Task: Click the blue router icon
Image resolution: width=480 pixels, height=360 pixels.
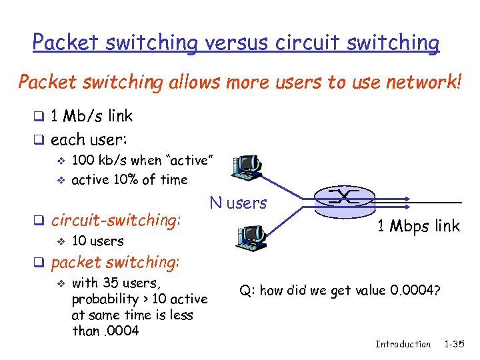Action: (x=346, y=198)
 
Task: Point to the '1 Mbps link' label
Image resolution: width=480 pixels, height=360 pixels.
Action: (x=418, y=226)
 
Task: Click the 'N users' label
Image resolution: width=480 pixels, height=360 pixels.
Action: (x=238, y=203)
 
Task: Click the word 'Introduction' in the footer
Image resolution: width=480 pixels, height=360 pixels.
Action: (x=403, y=344)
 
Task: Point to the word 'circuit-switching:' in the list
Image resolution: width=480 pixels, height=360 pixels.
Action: (x=116, y=219)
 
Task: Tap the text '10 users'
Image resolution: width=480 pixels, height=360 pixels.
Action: (x=97, y=241)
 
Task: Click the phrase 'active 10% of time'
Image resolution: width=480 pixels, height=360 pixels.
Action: (x=129, y=179)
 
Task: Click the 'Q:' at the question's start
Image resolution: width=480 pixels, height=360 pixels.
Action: (x=247, y=290)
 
